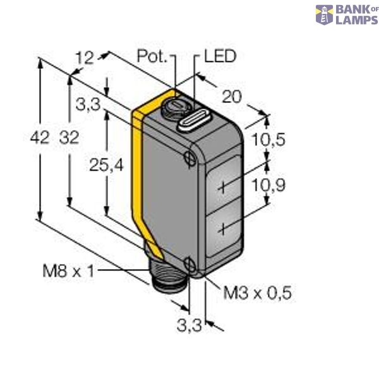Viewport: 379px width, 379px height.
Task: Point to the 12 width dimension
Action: tap(84, 58)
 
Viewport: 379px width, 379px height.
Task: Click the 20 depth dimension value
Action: tap(233, 97)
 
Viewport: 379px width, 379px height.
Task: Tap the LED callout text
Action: tap(219, 57)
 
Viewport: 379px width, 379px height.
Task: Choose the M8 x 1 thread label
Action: tap(68, 272)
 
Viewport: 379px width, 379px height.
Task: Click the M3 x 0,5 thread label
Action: tap(260, 293)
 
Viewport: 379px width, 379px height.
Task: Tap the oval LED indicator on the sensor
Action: tap(194, 120)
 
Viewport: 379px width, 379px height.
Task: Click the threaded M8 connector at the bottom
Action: tap(167, 285)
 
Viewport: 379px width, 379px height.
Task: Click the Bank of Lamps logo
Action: tap(347, 15)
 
